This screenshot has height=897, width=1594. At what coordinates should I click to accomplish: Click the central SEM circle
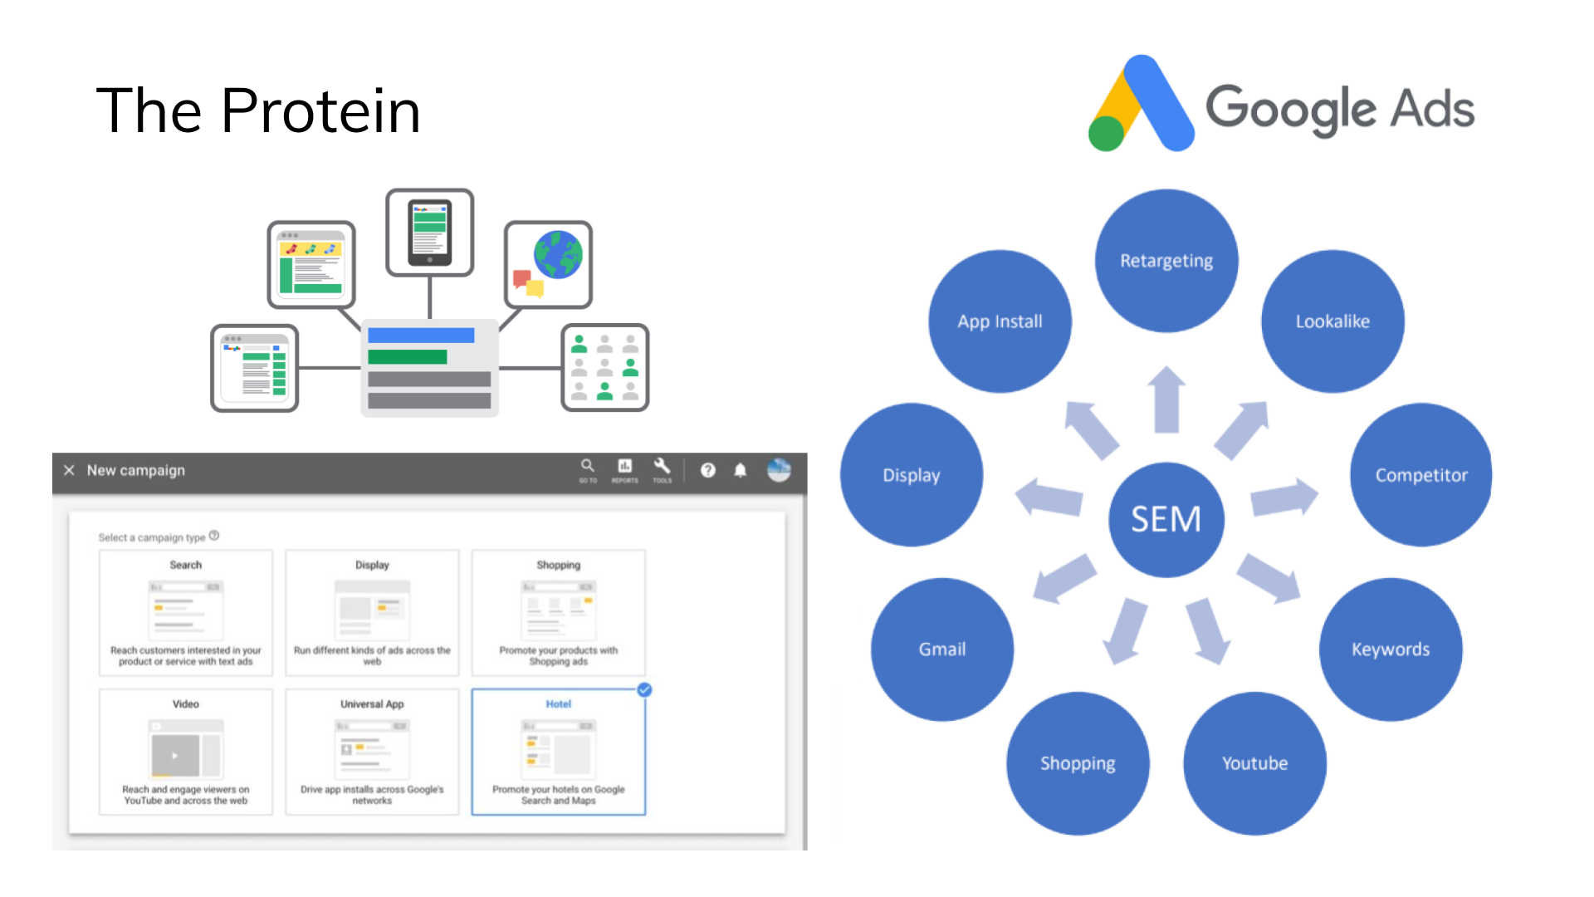(x=1166, y=519)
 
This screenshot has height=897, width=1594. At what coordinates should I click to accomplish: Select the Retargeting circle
(x=1166, y=261)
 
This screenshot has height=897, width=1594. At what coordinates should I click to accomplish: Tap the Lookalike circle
(x=1332, y=321)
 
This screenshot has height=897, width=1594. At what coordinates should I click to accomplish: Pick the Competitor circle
(x=1420, y=475)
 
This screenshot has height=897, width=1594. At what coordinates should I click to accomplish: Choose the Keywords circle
(x=1391, y=649)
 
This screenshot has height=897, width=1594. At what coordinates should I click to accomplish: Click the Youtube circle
(x=1254, y=763)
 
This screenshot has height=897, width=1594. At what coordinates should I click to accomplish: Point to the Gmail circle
(x=942, y=649)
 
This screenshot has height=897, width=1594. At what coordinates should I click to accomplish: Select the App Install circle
(x=1000, y=321)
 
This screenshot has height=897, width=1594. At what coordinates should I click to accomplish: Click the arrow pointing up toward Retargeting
(x=1166, y=400)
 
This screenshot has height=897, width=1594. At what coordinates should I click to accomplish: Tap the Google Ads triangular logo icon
(x=1142, y=105)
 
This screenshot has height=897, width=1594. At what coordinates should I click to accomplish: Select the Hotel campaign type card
(x=558, y=752)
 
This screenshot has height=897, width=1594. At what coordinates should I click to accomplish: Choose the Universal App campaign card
(x=372, y=752)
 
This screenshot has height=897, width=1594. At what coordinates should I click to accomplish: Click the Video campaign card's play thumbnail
(x=175, y=756)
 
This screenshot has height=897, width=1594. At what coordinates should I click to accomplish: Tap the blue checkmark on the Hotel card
(x=644, y=690)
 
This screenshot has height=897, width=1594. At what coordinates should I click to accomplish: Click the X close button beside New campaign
(x=69, y=470)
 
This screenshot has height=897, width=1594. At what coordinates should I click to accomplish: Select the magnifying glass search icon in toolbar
(x=587, y=466)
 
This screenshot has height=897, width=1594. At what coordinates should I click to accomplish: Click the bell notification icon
(x=740, y=471)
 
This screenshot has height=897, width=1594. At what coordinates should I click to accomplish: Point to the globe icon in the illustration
(x=558, y=255)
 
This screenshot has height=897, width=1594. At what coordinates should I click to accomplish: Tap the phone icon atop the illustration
(x=430, y=233)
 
